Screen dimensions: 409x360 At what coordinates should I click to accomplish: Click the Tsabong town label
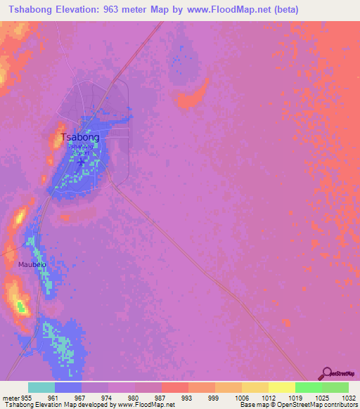coord(80,137)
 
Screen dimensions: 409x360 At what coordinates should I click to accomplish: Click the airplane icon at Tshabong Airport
coord(81,162)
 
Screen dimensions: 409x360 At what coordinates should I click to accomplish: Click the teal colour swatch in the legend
coord(41,387)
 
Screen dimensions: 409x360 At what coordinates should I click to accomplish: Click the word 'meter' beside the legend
coord(10,397)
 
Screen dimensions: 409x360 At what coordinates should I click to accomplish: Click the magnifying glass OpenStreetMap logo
coord(326,372)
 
